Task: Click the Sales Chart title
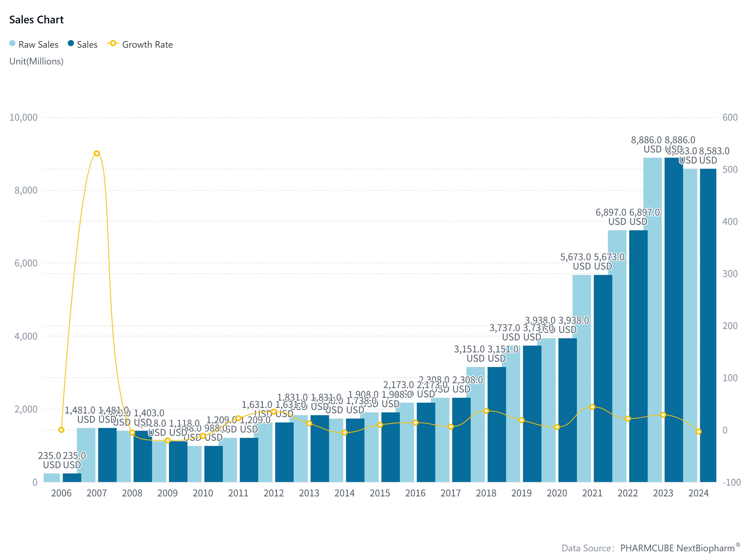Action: coord(36,20)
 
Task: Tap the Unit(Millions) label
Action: coord(36,61)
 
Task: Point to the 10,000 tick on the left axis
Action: coord(23,117)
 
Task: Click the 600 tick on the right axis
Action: coord(730,117)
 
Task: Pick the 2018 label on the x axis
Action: coord(486,493)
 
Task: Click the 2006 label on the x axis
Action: coord(61,493)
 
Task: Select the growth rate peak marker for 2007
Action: coord(97,153)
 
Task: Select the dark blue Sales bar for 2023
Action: coord(673,321)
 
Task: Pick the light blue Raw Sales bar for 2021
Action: coord(582,379)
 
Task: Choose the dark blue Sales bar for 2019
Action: coord(532,415)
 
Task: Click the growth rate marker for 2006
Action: coord(61,430)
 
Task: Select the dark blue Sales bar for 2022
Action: coord(638,355)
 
